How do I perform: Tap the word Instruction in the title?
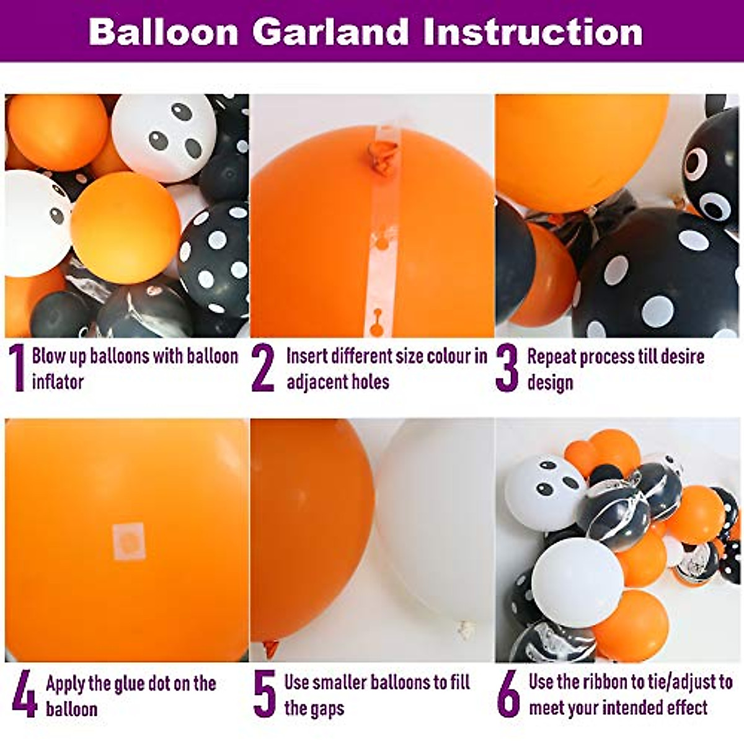coord(533,32)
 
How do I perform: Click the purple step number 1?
coord(17,368)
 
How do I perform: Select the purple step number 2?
coord(263,368)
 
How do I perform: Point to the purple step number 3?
coord(507,370)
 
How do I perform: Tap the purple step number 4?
coord(24,695)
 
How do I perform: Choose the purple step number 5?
coord(265,695)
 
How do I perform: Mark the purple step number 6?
coord(508,695)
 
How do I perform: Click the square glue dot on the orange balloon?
coord(129,541)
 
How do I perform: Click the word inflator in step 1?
coord(58,381)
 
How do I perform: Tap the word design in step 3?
coord(550,383)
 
